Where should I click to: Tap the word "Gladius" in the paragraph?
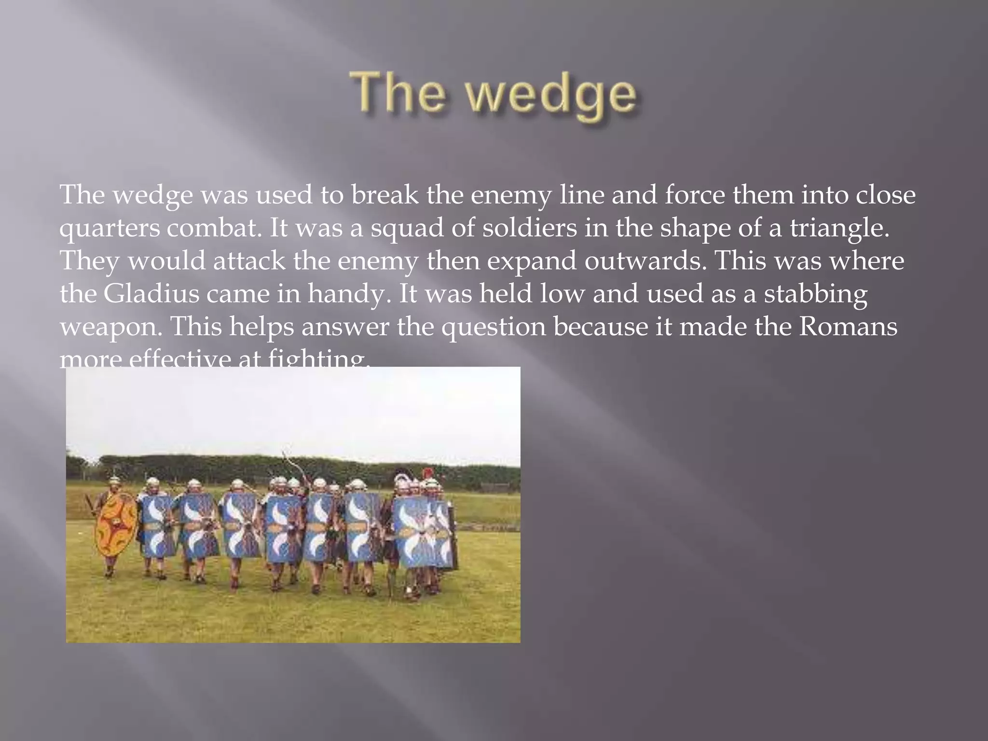pos(151,293)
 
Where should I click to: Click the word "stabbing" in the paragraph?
pos(815,294)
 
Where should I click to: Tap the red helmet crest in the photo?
pos(427,473)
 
